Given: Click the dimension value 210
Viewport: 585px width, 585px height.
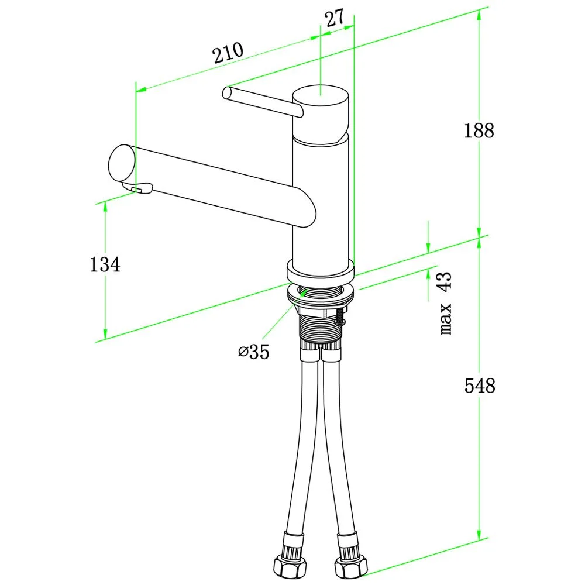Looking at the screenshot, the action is pyautogui.click(x=228, y=53).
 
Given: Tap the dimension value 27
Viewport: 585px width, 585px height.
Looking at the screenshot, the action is pyautogui.click(x=335, y=18).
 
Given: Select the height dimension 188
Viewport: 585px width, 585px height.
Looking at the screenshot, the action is pyautogui.click(x=479, y=130).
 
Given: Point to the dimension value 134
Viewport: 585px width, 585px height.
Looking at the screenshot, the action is pyautogui.click(x=105, y=264).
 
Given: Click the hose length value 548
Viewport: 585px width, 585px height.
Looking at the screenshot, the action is pyautogui.click(x=480, y=386).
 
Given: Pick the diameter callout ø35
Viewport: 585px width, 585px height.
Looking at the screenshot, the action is pyautogui.click(x=254, y=352).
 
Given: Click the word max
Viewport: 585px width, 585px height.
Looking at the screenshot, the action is pyautogui.click(x=446, y=319).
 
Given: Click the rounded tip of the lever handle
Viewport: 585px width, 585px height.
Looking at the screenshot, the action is pyautogui.click(x=226, y=93).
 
